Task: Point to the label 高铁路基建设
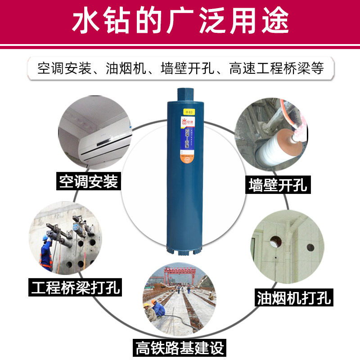point(180,347)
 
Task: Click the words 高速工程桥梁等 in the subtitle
point(276,68)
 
